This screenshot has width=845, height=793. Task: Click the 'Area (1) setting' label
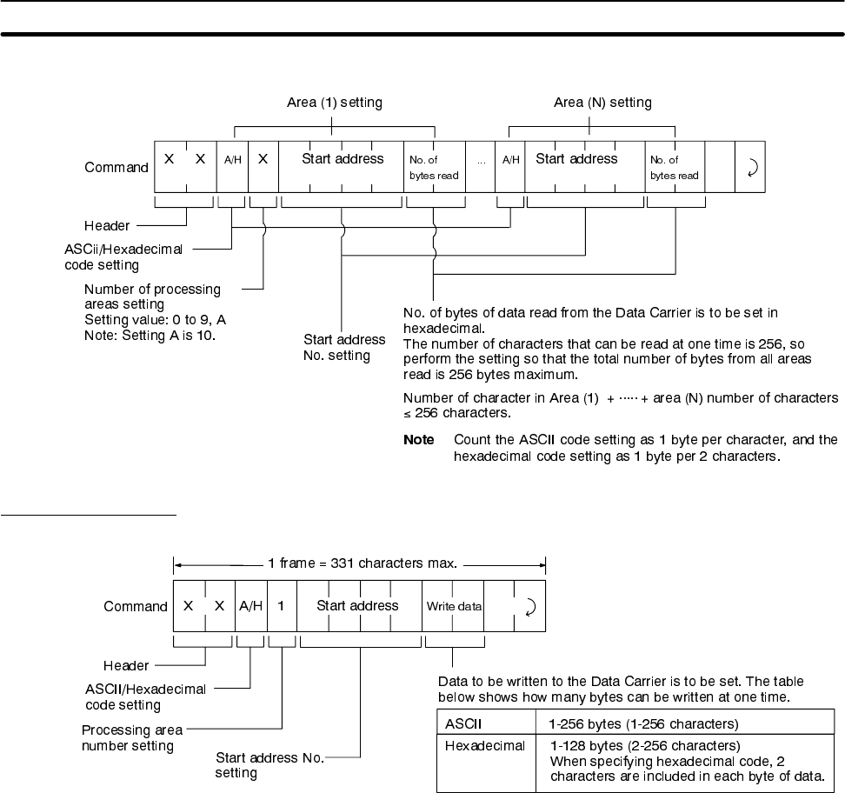tap(335, 103)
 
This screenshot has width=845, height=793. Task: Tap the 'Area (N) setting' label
tap(602, 103)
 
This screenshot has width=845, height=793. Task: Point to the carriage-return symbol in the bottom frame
tap(529, 606)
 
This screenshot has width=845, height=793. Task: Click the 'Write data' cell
tap(454, 606)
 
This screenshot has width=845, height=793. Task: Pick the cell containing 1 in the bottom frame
tap(282, 606)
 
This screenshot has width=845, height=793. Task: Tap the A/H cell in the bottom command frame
tap(250, 606)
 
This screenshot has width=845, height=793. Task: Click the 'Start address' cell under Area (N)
tap(576, 159)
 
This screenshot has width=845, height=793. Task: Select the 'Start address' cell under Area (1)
tap(343, 159)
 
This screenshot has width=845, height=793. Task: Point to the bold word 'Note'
tap(419, 440)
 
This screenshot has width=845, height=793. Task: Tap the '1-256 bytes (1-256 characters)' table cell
tap(630, 723)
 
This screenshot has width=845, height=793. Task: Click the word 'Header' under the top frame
tap(107, 225)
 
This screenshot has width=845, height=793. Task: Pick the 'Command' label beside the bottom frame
tap(136, 606)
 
